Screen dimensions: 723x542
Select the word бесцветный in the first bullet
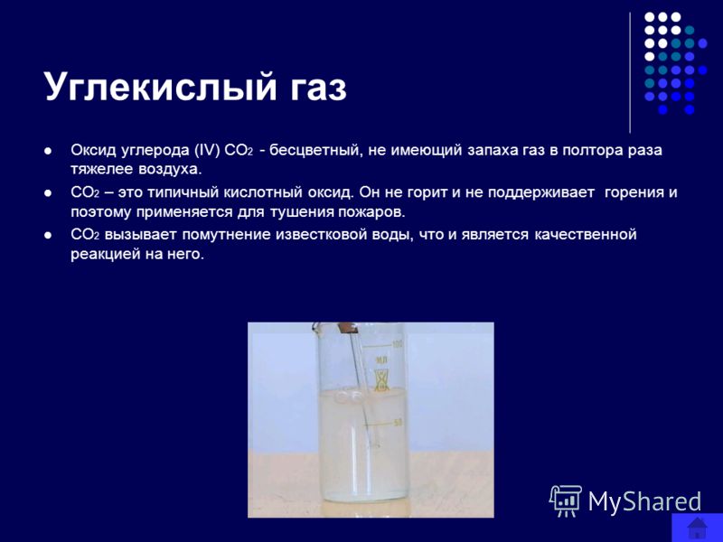coord(314,151)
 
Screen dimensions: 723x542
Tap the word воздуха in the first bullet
coord(170,169)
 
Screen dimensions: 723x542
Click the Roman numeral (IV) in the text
coord(207,151)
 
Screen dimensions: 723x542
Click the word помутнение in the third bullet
coord(227,235)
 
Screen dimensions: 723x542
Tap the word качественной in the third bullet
coord(586,235)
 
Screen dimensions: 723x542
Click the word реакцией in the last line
coord(105,255)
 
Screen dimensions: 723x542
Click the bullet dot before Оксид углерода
coord(48,151)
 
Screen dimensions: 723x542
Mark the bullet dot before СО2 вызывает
coord(48,235)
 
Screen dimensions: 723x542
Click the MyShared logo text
coord(644,501)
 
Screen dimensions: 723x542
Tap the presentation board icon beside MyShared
coord(566,500)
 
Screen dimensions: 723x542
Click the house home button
coord(697,528)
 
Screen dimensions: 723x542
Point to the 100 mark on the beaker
coord(397,344)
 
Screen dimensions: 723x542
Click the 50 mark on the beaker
coord(398,422)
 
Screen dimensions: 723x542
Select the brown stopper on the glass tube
coord(346,329)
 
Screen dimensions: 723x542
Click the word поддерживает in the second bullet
coord(540,192)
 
